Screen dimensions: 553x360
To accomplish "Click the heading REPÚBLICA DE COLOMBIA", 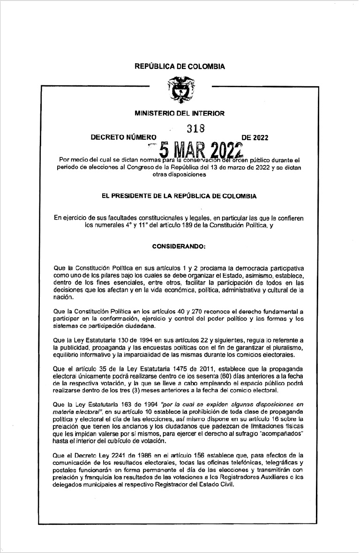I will tap(180, 67).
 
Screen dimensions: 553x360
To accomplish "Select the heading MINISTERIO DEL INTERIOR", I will tap(180, 113).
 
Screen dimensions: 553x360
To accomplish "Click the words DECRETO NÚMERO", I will tap(123, 138).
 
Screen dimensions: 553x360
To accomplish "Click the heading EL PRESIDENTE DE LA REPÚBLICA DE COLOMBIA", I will tap(180, 196).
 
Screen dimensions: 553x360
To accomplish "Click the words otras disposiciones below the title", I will tap(180, 174).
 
